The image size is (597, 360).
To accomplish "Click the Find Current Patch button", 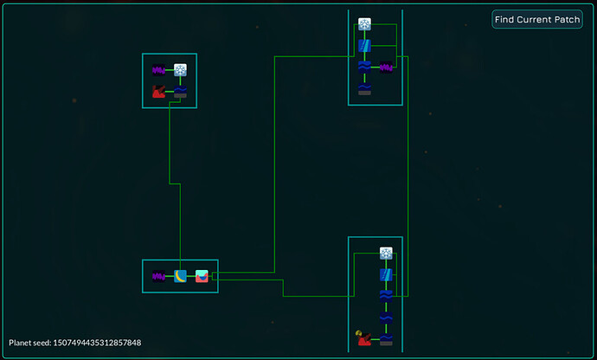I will pyautogui.click(x=537, y=19).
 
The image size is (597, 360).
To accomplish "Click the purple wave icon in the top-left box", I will pyautogui.click(x=159, y=70).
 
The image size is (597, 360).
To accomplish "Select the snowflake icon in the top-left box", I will pyautogui.click(x=181, y=70).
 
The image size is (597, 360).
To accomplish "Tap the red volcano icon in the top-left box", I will pyautogui.click(x=159, y=91).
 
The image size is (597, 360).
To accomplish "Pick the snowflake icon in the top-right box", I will pyautogui.click(x=365, y=24).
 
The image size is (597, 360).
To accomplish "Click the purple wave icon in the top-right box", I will pyautogui.click(x=387, y=67).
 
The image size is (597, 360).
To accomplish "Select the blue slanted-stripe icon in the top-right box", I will pyautogui.click(x=365, y=45).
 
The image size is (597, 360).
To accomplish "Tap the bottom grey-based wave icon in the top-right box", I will pyautogui.click(x=365, y=88).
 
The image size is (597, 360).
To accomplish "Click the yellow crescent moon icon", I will pyautogui.click(x=181, y=277).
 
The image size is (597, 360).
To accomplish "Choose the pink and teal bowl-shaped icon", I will pyautogui.click(x=202, y=277).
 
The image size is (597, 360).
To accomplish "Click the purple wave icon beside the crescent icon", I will pyautogui.click(x=159, y=277).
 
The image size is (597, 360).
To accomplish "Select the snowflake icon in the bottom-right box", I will pyautogui.click(x=386, y=254).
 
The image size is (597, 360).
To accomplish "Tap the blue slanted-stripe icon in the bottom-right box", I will pyautogui.click(x=386, y=275).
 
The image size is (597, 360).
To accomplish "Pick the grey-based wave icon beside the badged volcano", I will pyautogui.click(x=386, y=338).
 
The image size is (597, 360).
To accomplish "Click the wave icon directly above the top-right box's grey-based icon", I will pyautogui.click(x=365, y=67).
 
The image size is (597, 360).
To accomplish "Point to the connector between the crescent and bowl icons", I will pyautogui.click(x=191, y=277).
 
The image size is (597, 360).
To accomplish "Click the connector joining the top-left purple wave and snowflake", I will pyautogui.click(x=170, y=70).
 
